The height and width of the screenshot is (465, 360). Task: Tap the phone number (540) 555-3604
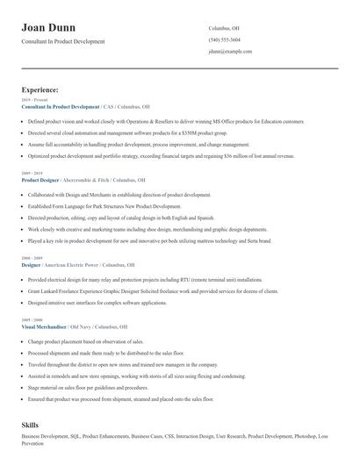[x=225, y=40]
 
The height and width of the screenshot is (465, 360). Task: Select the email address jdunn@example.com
[x=230, y=52]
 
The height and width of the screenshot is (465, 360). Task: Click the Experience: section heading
[x=40, y=89]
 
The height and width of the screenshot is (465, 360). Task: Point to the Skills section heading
[x=30, y=425]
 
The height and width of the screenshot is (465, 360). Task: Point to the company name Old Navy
[x=96, y=326]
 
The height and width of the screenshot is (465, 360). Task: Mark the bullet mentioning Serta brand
[x=149, y=240]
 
